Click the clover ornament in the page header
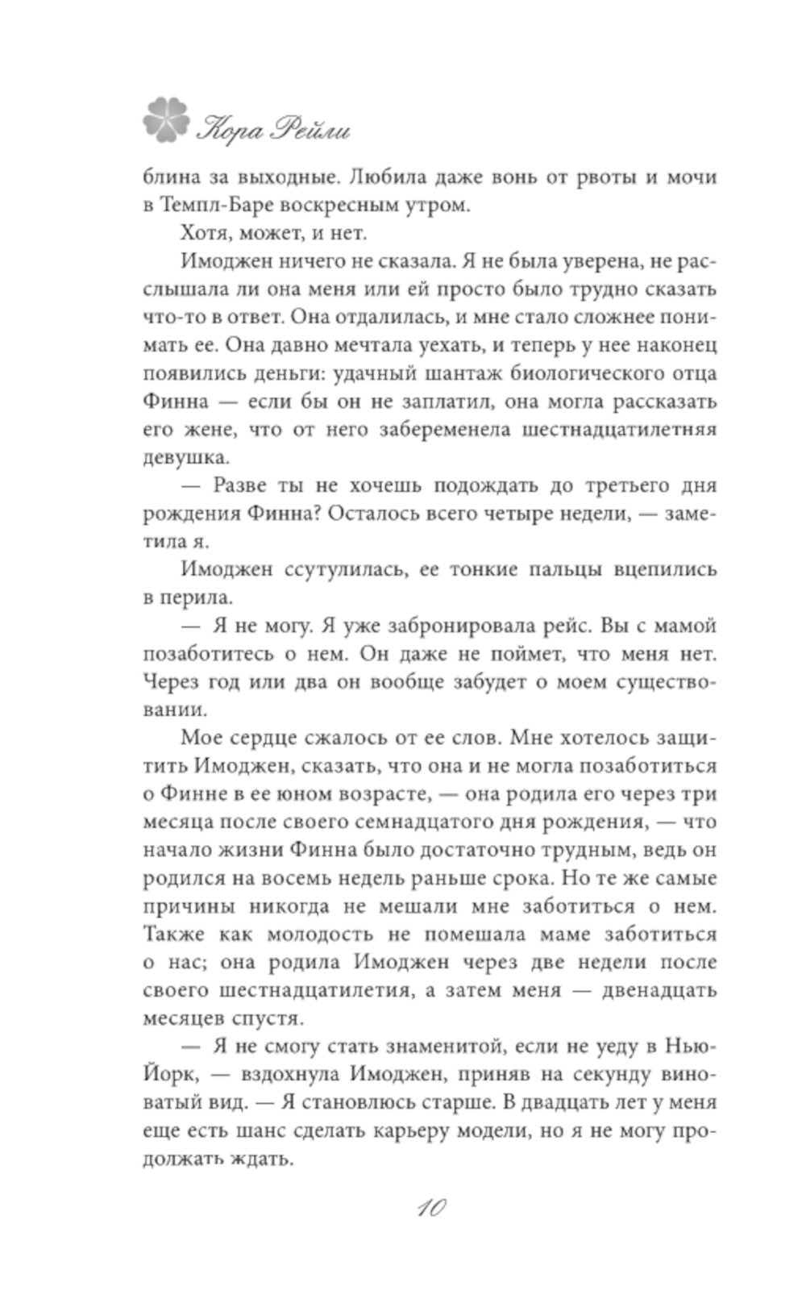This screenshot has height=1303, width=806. click(168, 119)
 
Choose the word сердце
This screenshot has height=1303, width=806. click(273, 739)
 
